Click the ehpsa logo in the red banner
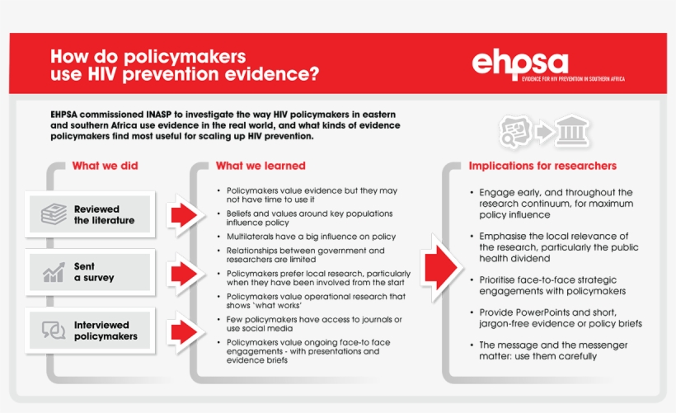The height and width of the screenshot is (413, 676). [519, 63]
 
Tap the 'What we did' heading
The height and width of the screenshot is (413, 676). [105, 166]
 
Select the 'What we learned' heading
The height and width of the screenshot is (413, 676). [261, 166]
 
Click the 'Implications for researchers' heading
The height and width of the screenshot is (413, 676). [542, 166]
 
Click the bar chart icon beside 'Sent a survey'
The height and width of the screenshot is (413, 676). [54, 272]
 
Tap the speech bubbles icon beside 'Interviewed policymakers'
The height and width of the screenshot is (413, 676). [54, 330]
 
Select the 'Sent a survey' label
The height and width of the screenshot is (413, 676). [94, 272]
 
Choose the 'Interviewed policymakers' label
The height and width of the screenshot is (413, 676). [106, 330]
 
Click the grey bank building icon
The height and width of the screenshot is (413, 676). [570, 129]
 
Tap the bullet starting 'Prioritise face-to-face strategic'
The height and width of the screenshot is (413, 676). [552, 285]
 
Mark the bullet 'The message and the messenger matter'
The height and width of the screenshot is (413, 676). [553, 350]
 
